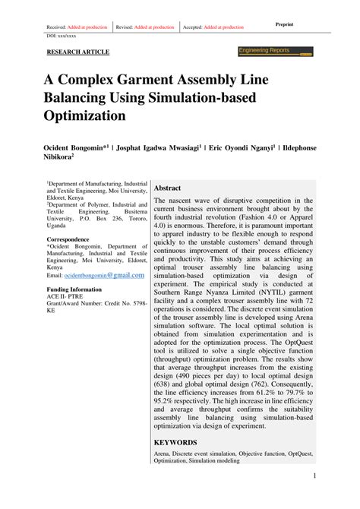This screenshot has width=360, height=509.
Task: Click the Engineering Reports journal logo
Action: click(x=275, y=51)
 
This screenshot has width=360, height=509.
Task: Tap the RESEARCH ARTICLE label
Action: click(x=78, y=52)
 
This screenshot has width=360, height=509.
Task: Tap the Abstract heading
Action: click(x=167, y=188)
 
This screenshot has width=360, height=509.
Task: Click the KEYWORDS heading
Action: click(x=175, y=441)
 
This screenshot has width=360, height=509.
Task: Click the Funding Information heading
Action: click(x=74, y=289)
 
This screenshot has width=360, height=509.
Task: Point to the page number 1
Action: click(x=314, y=476)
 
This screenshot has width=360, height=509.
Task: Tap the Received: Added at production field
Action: click(x=77, y=27)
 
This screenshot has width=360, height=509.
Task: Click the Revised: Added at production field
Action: click(x=145, y=27)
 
